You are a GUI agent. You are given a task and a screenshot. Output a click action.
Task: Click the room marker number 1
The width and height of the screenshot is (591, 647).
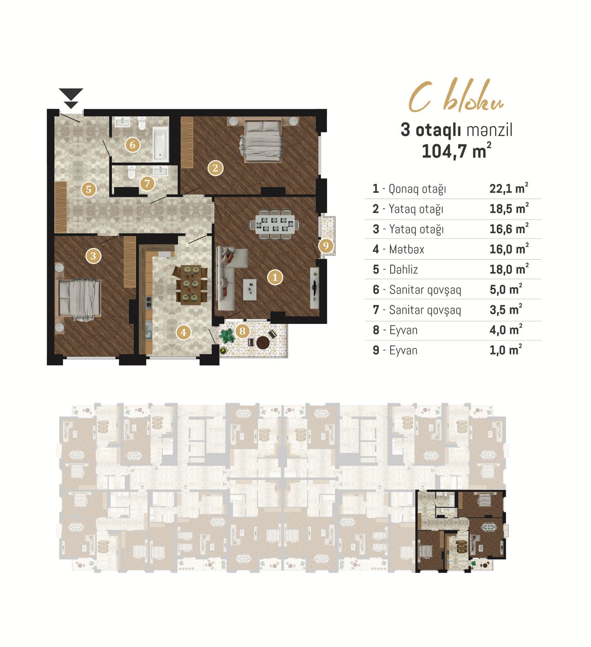click(275, 277)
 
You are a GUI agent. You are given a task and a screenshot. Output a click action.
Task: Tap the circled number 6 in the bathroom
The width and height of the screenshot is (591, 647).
click(132, 145)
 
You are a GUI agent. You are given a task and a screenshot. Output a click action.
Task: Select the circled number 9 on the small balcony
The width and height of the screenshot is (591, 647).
click(326, 245)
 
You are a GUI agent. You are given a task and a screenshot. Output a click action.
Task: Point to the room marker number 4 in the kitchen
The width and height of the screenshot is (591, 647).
click(183, 332)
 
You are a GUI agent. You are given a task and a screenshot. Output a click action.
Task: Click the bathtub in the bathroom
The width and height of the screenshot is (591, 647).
click(160, 144)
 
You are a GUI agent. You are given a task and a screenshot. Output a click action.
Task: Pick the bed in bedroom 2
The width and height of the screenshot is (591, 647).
click(261, 141)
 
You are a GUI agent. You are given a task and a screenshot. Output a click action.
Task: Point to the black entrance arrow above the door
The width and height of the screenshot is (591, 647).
click(71, 98)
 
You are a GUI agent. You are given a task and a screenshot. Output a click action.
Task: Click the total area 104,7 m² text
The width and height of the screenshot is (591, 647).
click(457, 151)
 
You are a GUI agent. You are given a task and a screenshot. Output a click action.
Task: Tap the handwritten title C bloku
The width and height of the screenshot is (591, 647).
click(456, 96)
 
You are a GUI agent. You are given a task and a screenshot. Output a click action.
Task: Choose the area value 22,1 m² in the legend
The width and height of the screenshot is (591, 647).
click(509, 188)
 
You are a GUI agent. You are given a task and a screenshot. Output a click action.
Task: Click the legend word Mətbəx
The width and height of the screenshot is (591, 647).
click(406, 249)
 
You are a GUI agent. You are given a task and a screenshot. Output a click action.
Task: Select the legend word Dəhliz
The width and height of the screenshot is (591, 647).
click(404, 269)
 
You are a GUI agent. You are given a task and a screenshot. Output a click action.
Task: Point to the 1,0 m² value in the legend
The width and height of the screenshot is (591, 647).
click(506, 350)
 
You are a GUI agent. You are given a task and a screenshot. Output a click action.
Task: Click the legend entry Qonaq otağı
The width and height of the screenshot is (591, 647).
click(417, 189)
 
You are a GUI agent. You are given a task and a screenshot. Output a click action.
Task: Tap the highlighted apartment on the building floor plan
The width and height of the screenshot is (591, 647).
click(461, 531)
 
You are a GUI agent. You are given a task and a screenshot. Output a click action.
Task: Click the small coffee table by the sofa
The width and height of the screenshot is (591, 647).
click(250, 289)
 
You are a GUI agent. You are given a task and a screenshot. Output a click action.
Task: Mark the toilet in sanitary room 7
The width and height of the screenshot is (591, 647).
click(131, 172)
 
